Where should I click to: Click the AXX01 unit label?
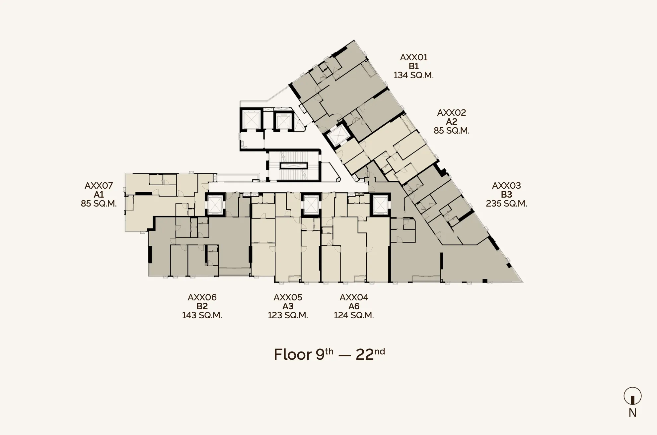[x=413, y=57]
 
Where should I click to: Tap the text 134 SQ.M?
[x=413, y=75]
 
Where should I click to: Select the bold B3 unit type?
[x=506, y=195]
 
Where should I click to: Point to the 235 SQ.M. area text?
[x=506, y=204]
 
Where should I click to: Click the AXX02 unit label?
[x=452, y=113]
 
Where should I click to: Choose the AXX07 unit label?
[x=99, y=186]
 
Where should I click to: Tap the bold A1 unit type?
[x=99, y=195]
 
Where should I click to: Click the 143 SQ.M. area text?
[x=202, y=315]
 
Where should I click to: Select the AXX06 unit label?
[x=202, y=297]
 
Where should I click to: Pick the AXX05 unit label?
[x=288, y=297]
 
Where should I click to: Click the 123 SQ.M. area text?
[x=288, y=315]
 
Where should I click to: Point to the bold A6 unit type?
[x=354, y=306]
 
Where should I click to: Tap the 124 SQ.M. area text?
[x=354, y=315]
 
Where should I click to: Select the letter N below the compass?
[x=632, y=413]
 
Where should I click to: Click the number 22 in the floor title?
[x=365, y=355]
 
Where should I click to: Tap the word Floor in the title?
[x=293, y=355]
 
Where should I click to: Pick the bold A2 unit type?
[x=452, y=122]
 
